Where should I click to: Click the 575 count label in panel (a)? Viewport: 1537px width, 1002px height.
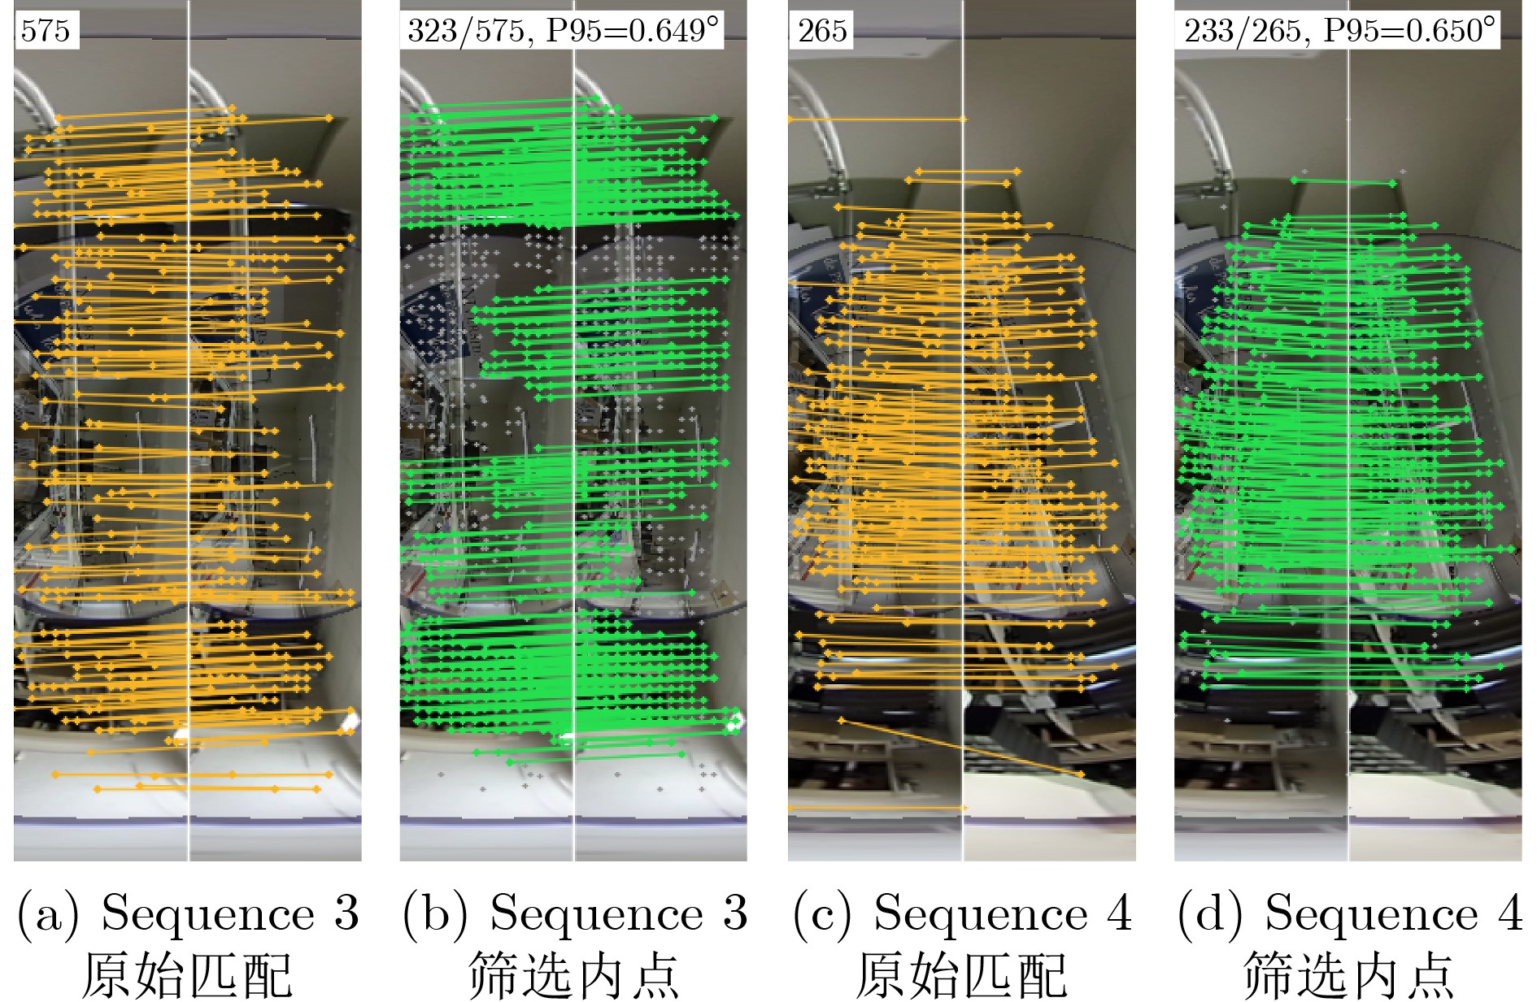click(x=46, y=31)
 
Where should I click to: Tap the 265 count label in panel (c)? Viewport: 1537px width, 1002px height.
click(x=822, y=31)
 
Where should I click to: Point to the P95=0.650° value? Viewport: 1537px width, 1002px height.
click(x=1409, y=31)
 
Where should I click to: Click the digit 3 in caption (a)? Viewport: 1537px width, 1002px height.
click(x=346, y=913)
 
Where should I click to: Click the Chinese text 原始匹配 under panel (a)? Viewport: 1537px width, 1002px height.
click(x=187, y=974)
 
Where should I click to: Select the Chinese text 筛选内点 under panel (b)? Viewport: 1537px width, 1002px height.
click(x=574, y=974)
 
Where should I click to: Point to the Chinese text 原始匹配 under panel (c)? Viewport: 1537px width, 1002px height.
click(x=961, y=974)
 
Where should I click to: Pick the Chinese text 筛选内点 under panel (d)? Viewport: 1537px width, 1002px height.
click(x=1349, y=974)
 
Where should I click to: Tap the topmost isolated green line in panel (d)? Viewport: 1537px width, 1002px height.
click(x=1343, y=182)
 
